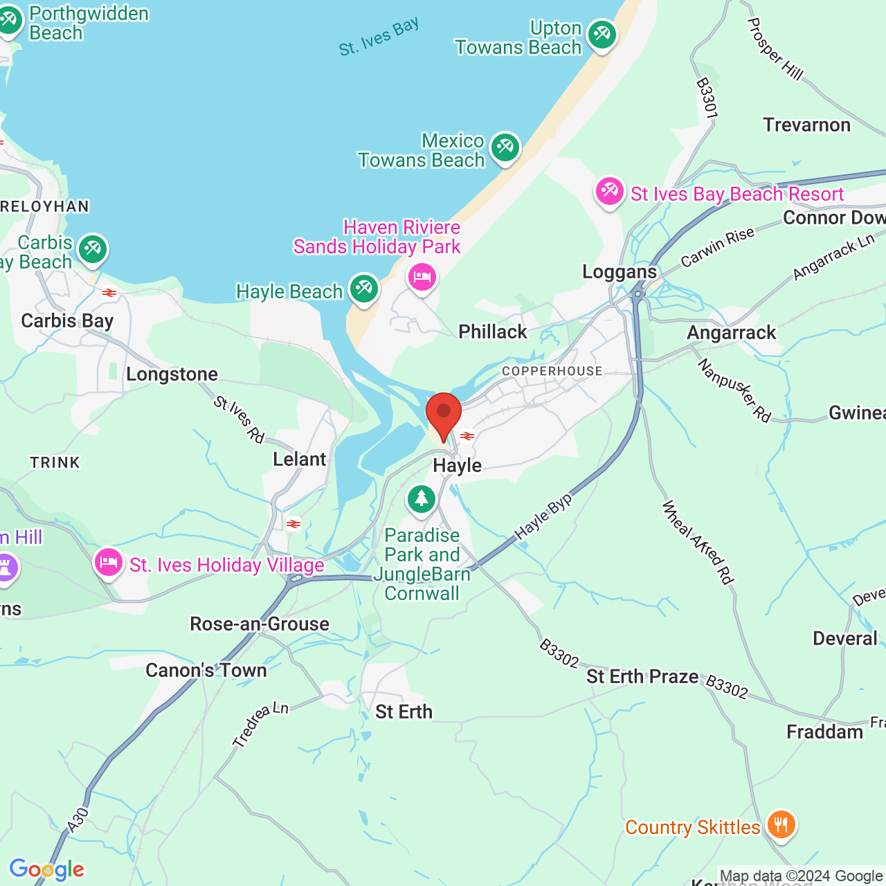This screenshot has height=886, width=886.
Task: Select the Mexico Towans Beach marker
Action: point(505,147)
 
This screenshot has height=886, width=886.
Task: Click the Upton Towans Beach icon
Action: point(602,35)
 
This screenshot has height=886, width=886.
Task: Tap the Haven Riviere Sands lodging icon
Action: point(422,278)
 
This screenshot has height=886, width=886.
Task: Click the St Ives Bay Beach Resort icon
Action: point(610,192)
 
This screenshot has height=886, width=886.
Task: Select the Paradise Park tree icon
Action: point(421,499)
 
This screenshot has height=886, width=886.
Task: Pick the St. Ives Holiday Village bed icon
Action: point(109,562)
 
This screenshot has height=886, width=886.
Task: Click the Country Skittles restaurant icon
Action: point(781,825)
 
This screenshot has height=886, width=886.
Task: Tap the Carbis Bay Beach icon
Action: point(93,249)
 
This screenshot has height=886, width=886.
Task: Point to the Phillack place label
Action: point(493,332)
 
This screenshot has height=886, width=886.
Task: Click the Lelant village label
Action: point(299,460)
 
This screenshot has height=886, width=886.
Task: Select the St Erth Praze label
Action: point(642,676)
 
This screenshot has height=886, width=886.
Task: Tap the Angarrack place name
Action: point(731,333)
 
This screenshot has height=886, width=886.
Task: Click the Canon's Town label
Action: point(206,670)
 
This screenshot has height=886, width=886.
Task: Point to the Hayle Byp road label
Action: point(543,517)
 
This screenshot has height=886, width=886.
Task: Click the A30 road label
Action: point(78,820)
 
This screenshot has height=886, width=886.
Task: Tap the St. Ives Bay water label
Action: point(379,37)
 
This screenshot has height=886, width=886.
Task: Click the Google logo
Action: point(46,869)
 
